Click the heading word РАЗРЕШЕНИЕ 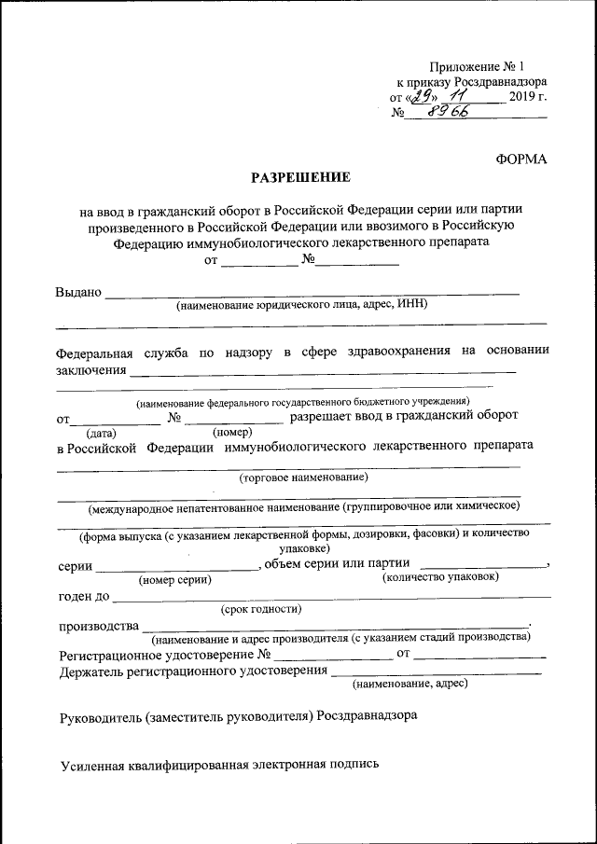point(299,176)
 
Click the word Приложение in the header point(465,66)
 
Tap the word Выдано point(78,292)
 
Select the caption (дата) point(101,433)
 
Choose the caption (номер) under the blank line point(232,432)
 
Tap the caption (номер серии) point(174,580)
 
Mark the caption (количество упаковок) point(441,577)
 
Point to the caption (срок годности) point(260,610)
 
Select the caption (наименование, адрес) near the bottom point(410,683)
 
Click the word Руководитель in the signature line point(100,717)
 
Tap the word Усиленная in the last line point(91,766)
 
